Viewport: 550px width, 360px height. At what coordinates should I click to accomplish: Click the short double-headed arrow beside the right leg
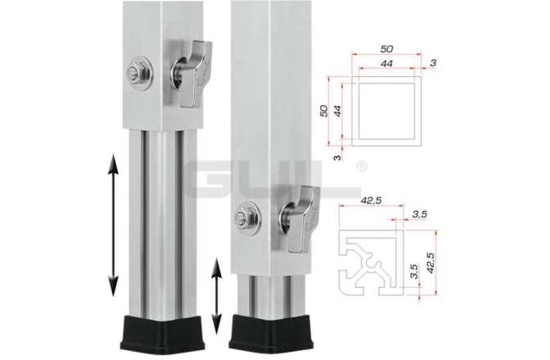click(x=217, y=292)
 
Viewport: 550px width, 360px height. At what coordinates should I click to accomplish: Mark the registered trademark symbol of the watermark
click(x=361, y=166)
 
